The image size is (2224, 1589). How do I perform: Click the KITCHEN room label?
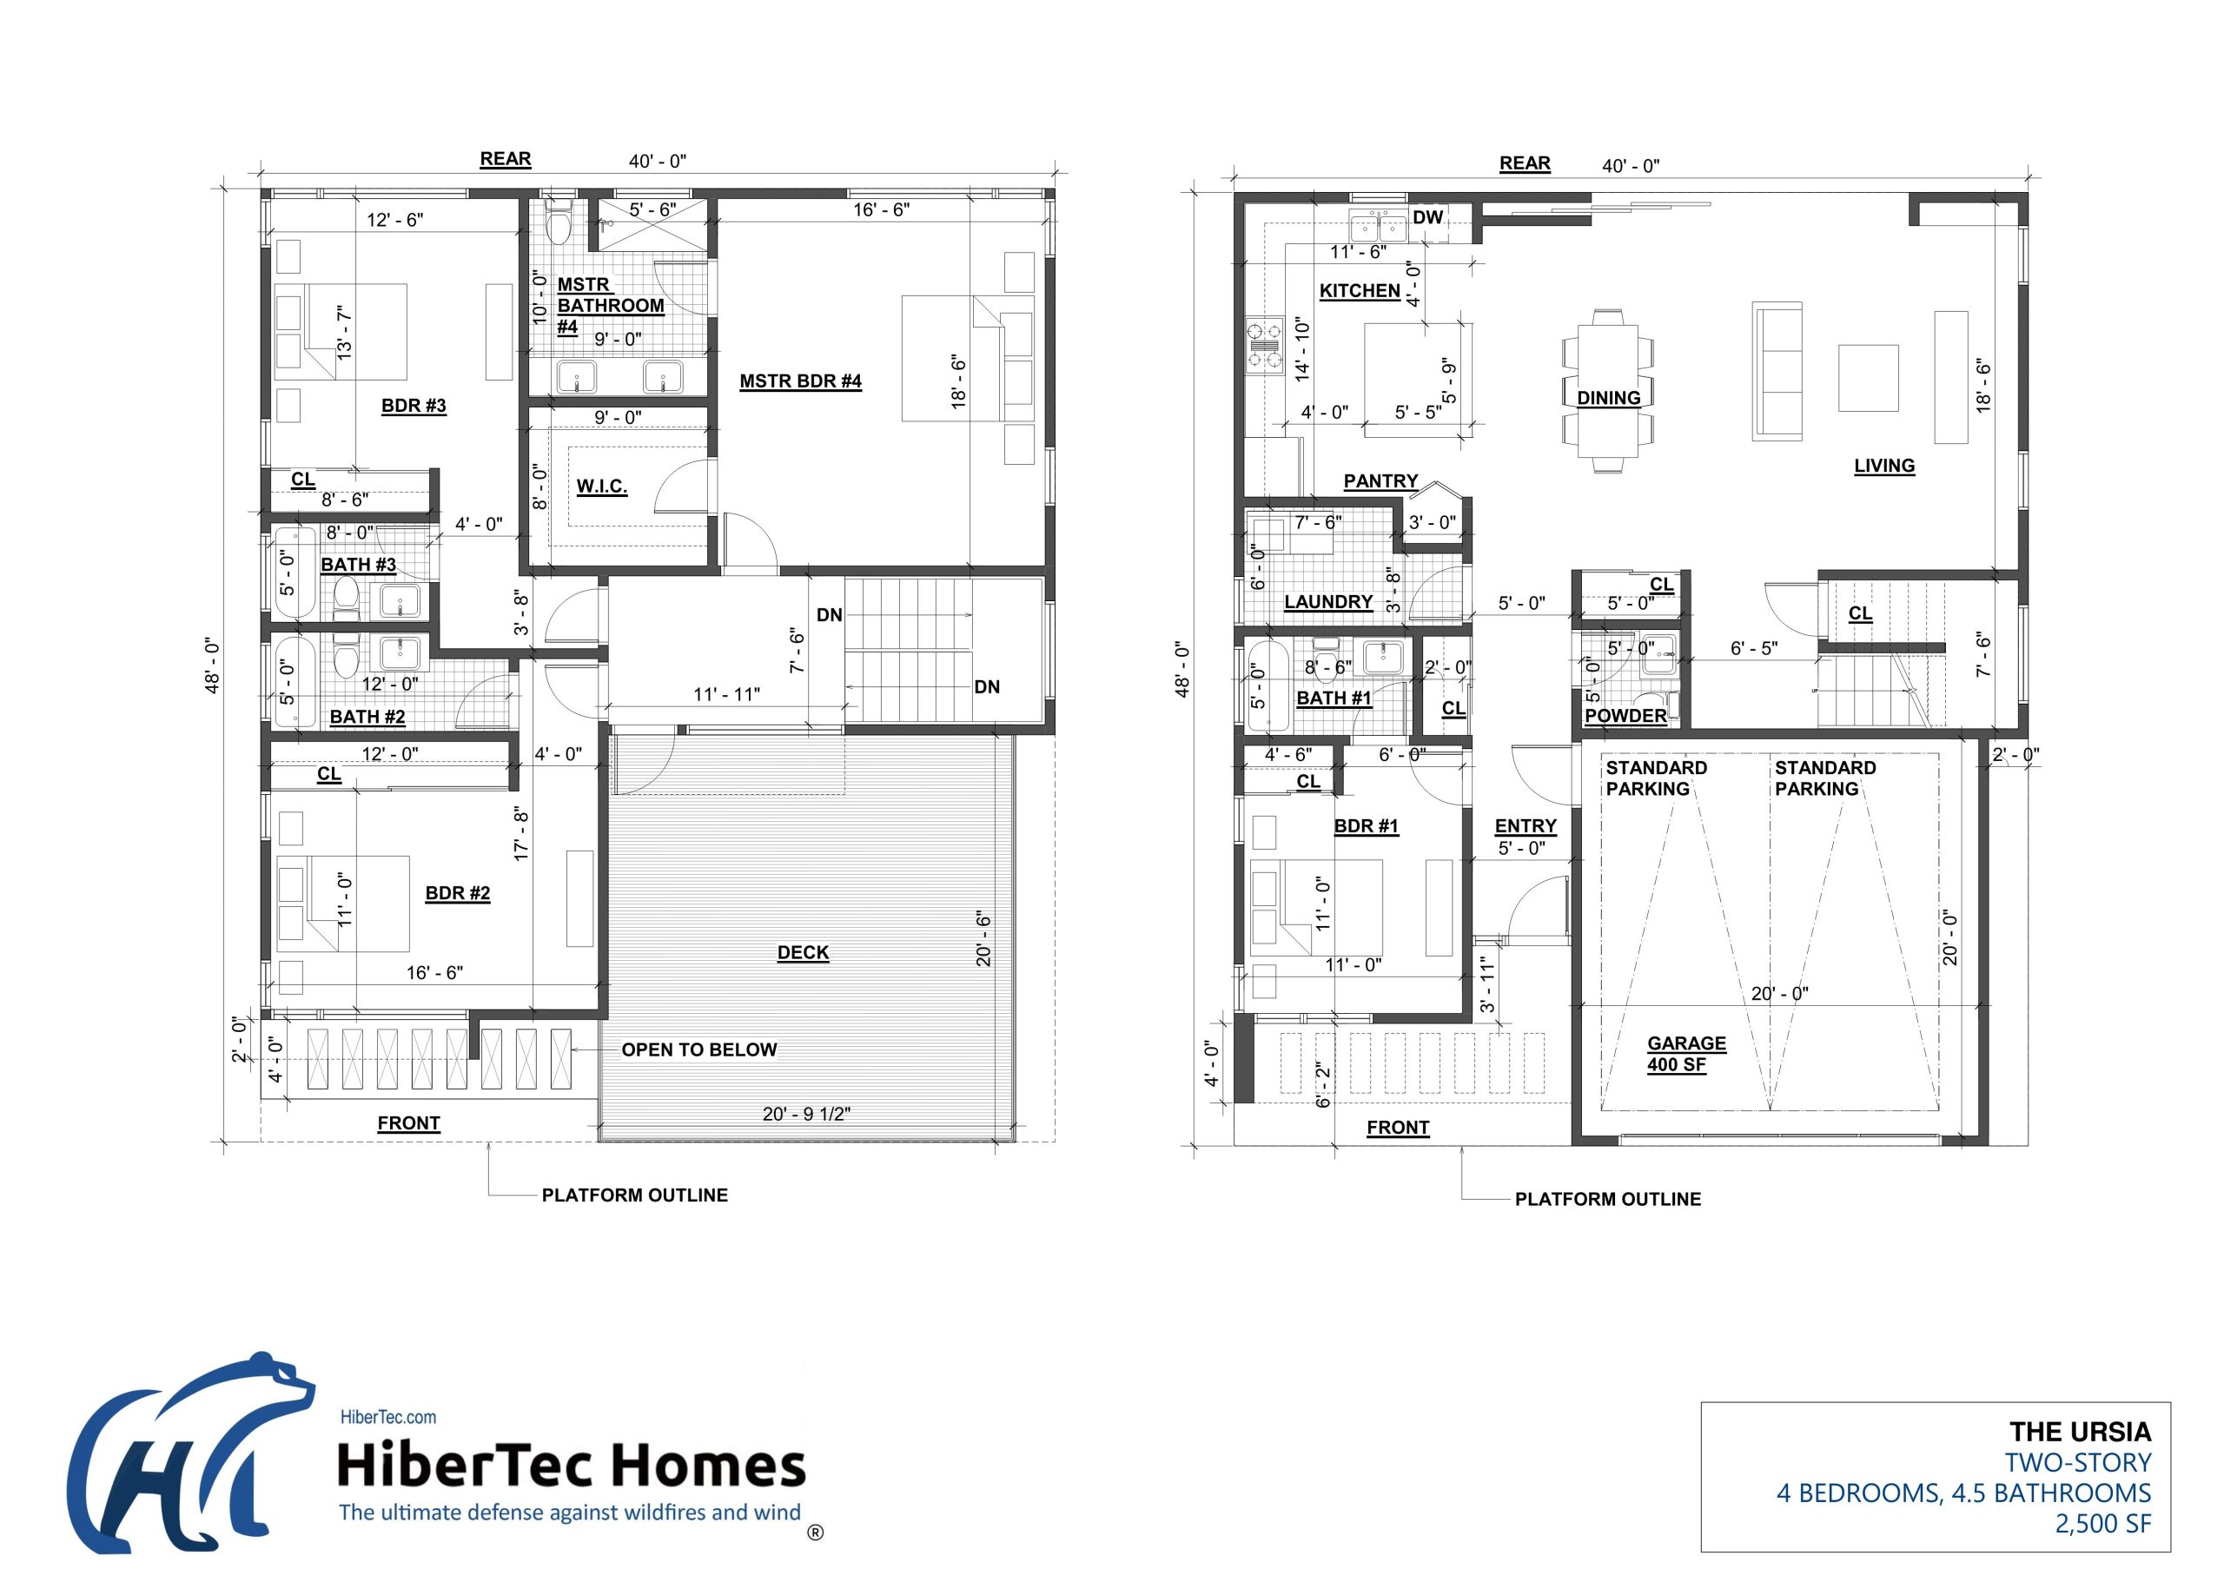(1359, 290)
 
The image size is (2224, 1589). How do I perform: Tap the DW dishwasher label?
(1427, 216)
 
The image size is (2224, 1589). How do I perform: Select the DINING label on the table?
(1607, 397)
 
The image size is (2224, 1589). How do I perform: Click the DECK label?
(803, 952)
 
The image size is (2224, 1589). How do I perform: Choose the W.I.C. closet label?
(601, 487)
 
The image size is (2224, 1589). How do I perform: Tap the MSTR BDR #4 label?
(799, 381)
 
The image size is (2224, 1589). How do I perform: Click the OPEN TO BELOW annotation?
(698, 1049)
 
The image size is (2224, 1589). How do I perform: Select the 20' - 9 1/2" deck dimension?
(805, 1114)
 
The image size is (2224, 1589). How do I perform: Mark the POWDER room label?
(1625, 715)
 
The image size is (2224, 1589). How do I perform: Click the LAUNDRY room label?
(1327, 602)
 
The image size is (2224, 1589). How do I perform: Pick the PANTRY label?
(1380, 480)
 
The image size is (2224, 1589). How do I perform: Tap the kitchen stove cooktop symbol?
(1262, 346)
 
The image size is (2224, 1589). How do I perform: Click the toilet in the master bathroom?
(559, 225)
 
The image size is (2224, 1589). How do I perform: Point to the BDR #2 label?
(457, 892)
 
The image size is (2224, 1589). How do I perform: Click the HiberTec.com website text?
(387, 1417)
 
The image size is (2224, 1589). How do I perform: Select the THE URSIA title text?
(2079, 1433)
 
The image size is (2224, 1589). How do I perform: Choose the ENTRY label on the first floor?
(1525, 826)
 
